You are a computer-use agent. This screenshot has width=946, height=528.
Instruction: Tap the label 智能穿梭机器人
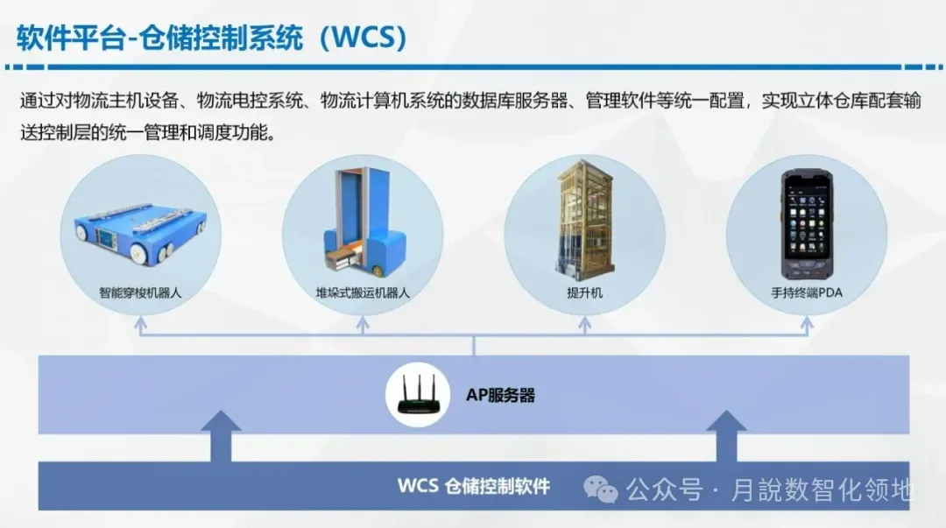pyautogui.click(x=140, y=293)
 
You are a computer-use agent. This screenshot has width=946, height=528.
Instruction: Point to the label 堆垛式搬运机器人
pyautogui.click(x=363, y=293)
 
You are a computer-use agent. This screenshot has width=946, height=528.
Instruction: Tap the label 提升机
pyautogui.click(x=584, y=293)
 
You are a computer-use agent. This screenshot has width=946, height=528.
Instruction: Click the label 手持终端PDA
pyautogui.click(x=807, y=293)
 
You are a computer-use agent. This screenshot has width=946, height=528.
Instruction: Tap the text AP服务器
pyautogui.click(x=499, y=396)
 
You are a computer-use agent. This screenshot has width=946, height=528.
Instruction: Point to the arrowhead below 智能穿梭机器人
pyautogui.click(x=140, y=323)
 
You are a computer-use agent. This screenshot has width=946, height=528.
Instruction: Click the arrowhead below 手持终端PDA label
pyautogui.click(x=807, y=323)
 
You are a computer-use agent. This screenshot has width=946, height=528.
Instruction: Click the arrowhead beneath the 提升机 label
pyautogui.click(x=584, y=323)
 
